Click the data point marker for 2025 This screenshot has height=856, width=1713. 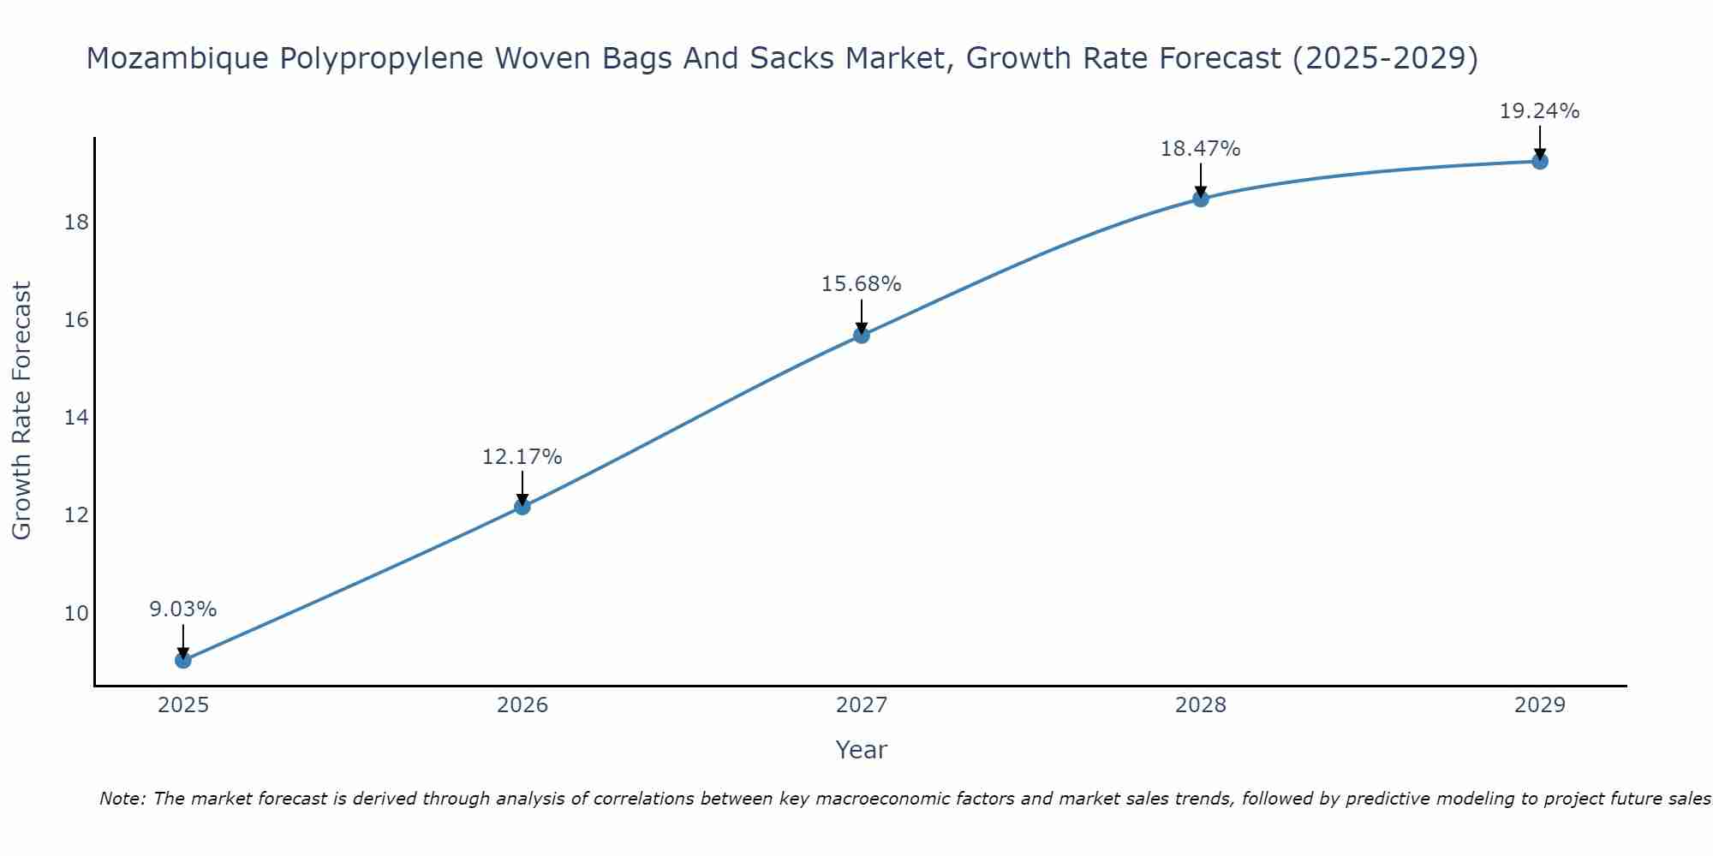pyautogui.click(x=182, y=660)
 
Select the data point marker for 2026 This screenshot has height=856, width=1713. pyautogui.click(x=522, y=506)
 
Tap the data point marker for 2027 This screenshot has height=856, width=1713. pyautogui.click(x=862, y=335)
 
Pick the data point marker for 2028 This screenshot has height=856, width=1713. pyautogui.click(x=1201, y=199)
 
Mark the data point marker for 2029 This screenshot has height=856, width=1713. pyautogui.click(x=1540, y=161)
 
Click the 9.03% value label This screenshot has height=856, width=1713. pyautogui.click(x=182, y=609)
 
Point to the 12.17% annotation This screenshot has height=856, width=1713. pyautogui.click(x=522, y=457)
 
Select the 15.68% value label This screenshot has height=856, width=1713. pyautogui.click(x=861, y=284)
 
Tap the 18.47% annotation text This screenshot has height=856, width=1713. pyautogui.click(x=1200, y=149)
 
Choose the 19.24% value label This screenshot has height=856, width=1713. pyautogui.click(x=1539, y=111)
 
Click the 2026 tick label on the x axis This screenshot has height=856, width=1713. pyautogui.click(x=522, y=705)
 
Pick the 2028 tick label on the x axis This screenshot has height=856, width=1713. pyautogui.click(x=1201, y=705)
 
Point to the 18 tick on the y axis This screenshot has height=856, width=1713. pyautogui.click(x=76, y=223)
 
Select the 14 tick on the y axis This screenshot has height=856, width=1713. pyautogui.click(x=76, y=418)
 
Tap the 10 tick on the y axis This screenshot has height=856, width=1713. pyautogui.click(x=76, y=614)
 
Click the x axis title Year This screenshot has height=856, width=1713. pyautogui.click(x=861, y=750)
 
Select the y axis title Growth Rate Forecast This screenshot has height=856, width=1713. pyautogui.click(x=21, y=411)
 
